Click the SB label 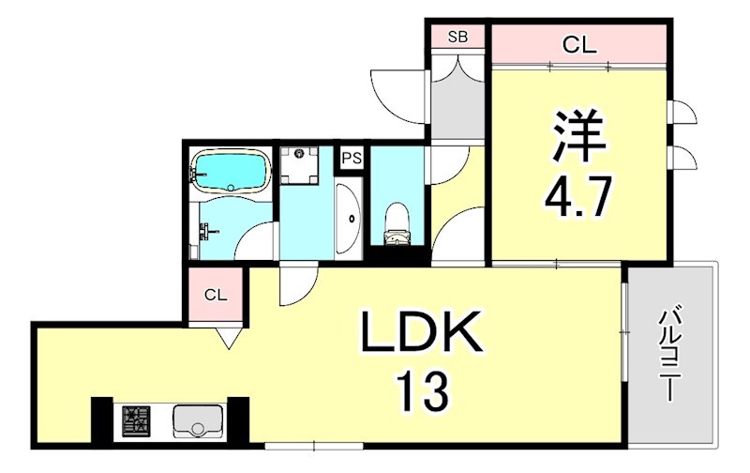tap(457, 38)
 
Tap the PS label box tap(352, 159)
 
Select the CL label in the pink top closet tap(579, 43)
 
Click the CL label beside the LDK tap(217, 295)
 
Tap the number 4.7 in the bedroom tap(579, 198)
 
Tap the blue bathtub tap(230, 171)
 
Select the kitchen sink tap(198, 420)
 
